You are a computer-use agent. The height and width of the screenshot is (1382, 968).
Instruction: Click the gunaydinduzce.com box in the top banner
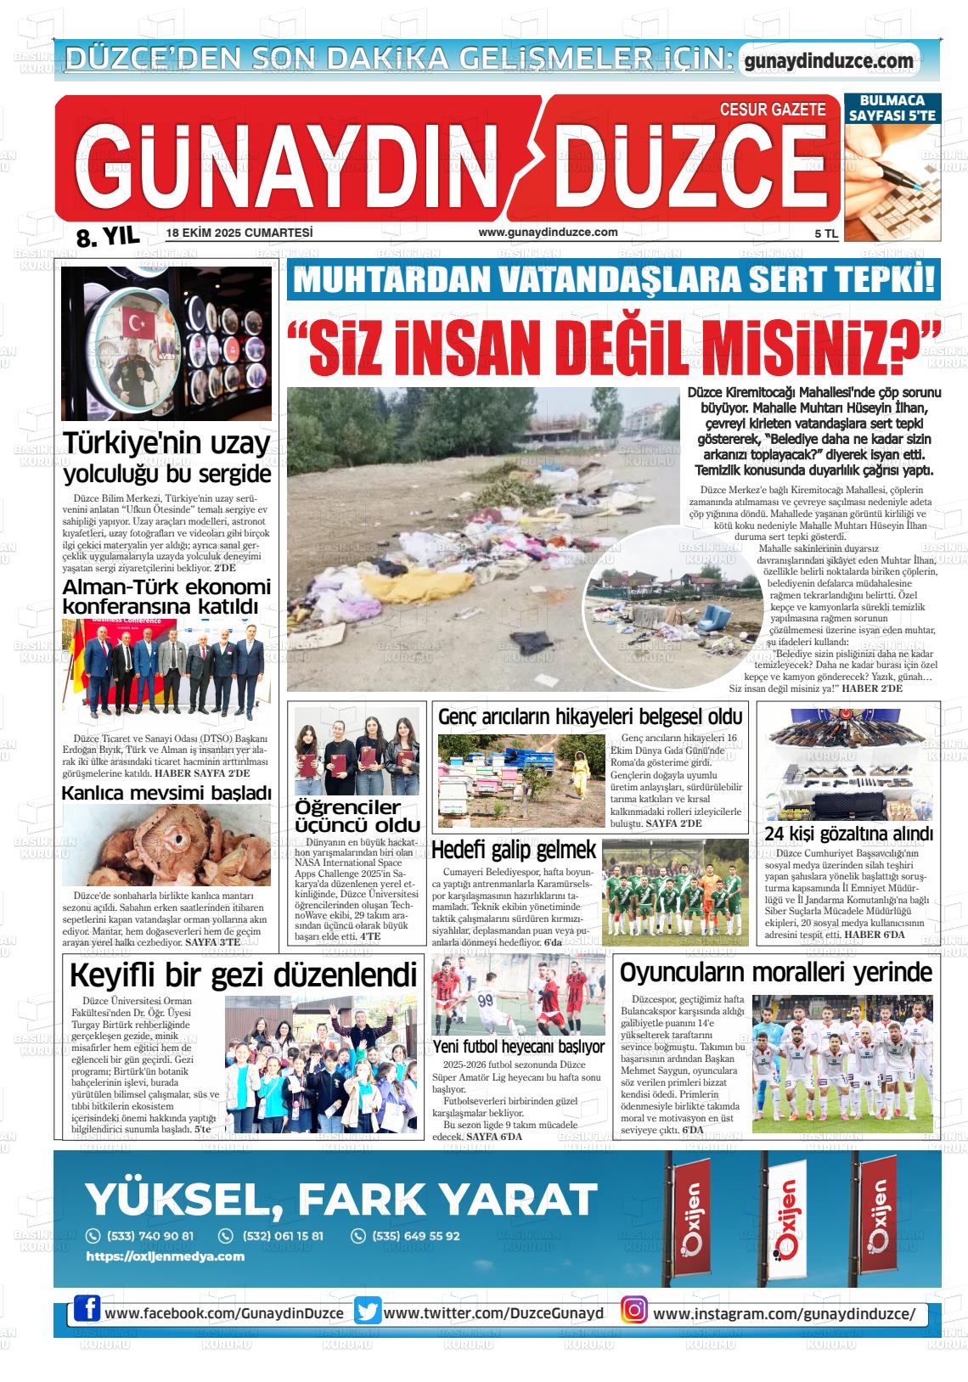pyautogui.click(x=829, y=61)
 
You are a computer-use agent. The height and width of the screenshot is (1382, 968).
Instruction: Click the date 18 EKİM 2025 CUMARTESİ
pyautogui.click(x=240, y=233)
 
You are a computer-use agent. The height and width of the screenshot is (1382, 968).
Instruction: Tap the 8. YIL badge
pyautogui.click(x=106, y=237)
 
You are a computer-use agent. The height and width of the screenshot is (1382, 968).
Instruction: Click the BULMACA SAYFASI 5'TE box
pyautogui.click(x=892, y=108)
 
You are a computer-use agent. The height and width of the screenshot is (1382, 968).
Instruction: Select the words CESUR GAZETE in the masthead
pyautogui.click(x=772, y=110)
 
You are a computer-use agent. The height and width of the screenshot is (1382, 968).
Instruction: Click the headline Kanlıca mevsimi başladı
pyautogui.click(x=166, y=793)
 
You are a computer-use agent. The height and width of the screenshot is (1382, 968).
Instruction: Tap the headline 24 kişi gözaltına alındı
pyautogui.click(x=848, y=833)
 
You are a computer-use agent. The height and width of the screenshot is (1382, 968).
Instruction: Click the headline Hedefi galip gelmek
pyautogui.click(x=515, y=850)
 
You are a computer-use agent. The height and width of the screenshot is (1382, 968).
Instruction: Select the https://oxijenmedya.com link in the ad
pyautogui.click(x=166, y=1256)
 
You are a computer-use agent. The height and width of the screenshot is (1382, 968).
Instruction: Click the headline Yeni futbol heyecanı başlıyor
pyautogui.click(x=518, y=1047)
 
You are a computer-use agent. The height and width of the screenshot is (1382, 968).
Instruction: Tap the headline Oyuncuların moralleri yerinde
pyautogui.click(x=775, y=973)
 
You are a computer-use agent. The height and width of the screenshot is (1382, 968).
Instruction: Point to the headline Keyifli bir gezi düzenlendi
pyautogui.click(x=244, y=975)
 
